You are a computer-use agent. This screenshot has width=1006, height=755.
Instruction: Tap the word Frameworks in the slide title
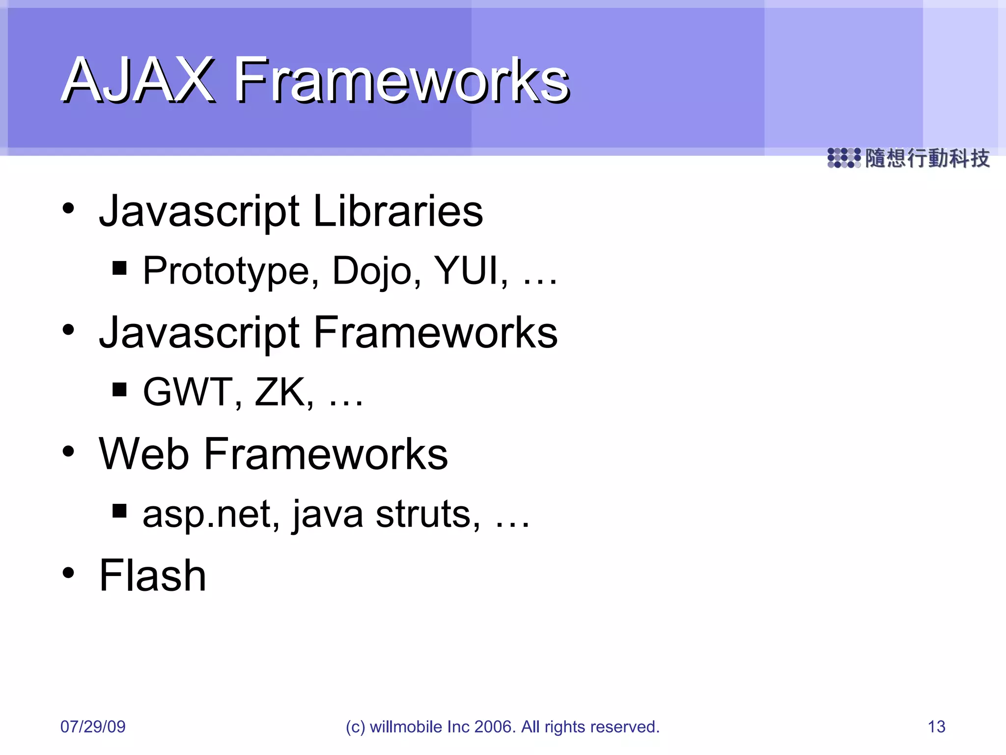coord(402,80)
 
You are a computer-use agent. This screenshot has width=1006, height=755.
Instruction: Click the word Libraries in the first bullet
coord(398,211)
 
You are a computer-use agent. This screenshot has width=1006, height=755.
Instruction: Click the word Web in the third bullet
coord(144,454)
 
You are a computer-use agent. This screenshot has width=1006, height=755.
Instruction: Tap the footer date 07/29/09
coord(93,726)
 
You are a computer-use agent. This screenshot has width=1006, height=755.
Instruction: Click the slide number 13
coord(936,726)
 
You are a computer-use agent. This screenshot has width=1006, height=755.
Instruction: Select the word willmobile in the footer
coord(406,726)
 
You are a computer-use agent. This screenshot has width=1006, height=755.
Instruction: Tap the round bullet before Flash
coord(68,573)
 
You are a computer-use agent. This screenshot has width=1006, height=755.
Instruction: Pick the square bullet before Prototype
coord(119,268)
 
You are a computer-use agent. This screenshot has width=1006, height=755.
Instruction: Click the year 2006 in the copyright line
coord(495,726)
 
